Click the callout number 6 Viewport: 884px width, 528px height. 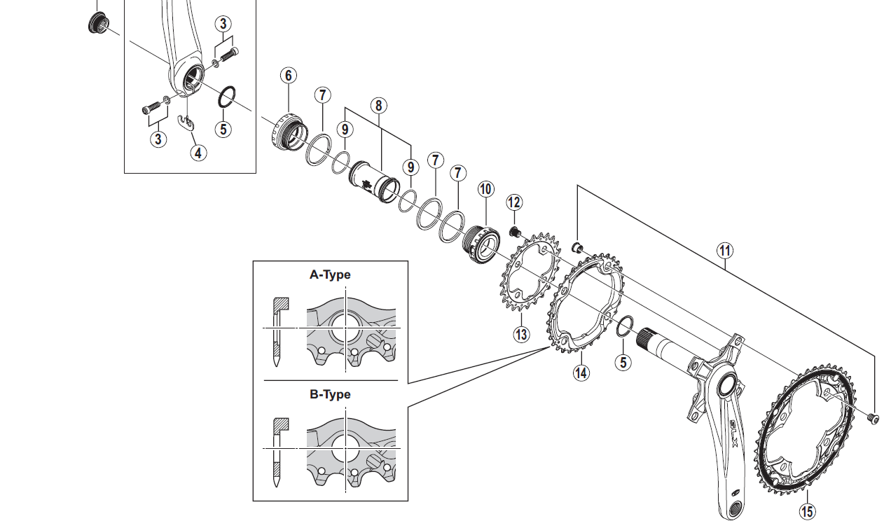click(x=289, y=76)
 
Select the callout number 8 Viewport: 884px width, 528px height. click(x=378, y=106)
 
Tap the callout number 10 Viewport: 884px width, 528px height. click(x=486, y=189)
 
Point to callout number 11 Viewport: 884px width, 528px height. click(x=724, y=250)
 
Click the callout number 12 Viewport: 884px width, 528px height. click(x=514, y=202)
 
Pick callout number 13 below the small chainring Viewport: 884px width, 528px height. click(x=521, y=335)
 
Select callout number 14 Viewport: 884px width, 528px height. click(x=581, y=373)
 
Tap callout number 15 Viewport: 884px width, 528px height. click(x=808, y=513)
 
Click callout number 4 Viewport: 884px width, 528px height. click(x=199, y=152)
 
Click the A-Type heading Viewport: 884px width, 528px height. click(x=330, y=275)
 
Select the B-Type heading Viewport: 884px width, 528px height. click(x=330, y=394)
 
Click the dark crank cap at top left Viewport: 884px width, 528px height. click(x=96, y=22)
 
